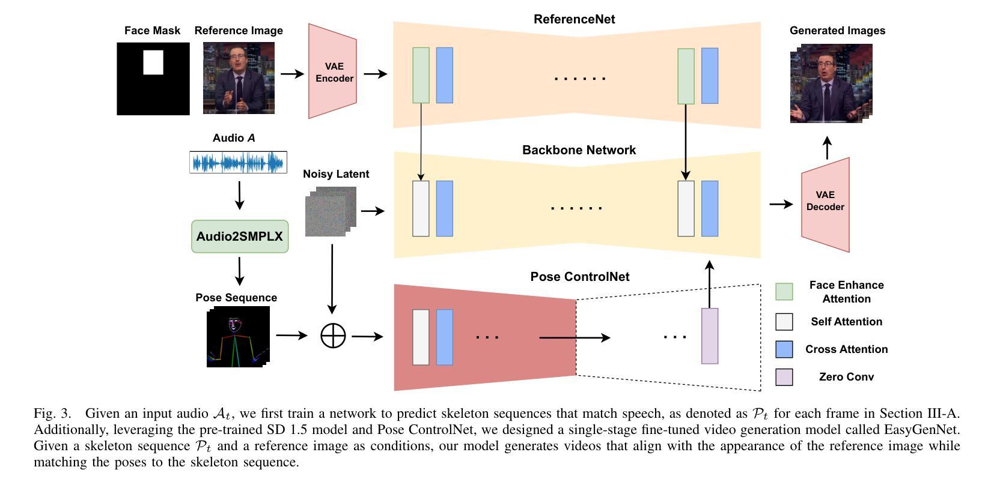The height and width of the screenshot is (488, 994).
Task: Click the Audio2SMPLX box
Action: [x=240, y=236]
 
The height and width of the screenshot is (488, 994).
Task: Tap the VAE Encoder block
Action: [x=333, y=71]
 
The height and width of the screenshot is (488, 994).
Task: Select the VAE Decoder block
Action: [x=825, y=205]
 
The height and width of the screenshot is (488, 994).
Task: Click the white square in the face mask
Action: [x=153, y=62]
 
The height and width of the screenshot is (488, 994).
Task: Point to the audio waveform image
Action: [x=239, y=162]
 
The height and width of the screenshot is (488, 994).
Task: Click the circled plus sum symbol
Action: [x=334, y=336]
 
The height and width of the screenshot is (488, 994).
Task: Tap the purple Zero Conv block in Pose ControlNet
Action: [x=710, y=336]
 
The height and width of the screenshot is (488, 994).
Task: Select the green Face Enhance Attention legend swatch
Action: [x=784, y=292]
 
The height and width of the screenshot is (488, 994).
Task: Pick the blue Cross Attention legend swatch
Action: [x=784, y=349]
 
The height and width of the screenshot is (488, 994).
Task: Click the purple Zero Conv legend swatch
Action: [x=784, y=377]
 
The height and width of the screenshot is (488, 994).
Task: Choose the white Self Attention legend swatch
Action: [x=784, y=322]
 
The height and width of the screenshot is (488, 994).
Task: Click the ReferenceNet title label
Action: [x=574, y=19]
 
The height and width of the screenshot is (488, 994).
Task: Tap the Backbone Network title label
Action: [x=579, y=150]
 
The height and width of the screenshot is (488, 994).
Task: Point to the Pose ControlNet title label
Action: [x=579, y=277]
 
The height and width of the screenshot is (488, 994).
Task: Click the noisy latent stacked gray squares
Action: [x=331, y=211]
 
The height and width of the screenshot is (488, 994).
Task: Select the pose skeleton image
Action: [x=239, y=336]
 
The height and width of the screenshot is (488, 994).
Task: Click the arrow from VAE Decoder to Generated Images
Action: [x=827, y=148]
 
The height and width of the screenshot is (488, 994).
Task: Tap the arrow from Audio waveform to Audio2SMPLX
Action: [x=240, y=196]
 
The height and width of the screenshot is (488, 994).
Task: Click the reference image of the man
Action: [x=239, y=78]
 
